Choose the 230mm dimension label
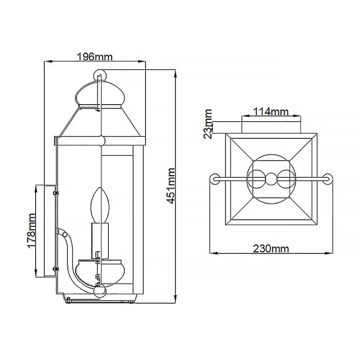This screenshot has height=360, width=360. click(x=271, y=248)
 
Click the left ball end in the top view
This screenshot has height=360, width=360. click(x=214, y=179)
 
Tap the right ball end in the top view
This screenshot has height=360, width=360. click(x=327, y=179)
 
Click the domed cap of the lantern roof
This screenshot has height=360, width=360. click(x=100, y=95)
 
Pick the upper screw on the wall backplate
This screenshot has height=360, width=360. click(x=56, y=193)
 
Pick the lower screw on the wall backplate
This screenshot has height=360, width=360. click(x=56, y=269)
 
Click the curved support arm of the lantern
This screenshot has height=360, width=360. click(x=71, y=260)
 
